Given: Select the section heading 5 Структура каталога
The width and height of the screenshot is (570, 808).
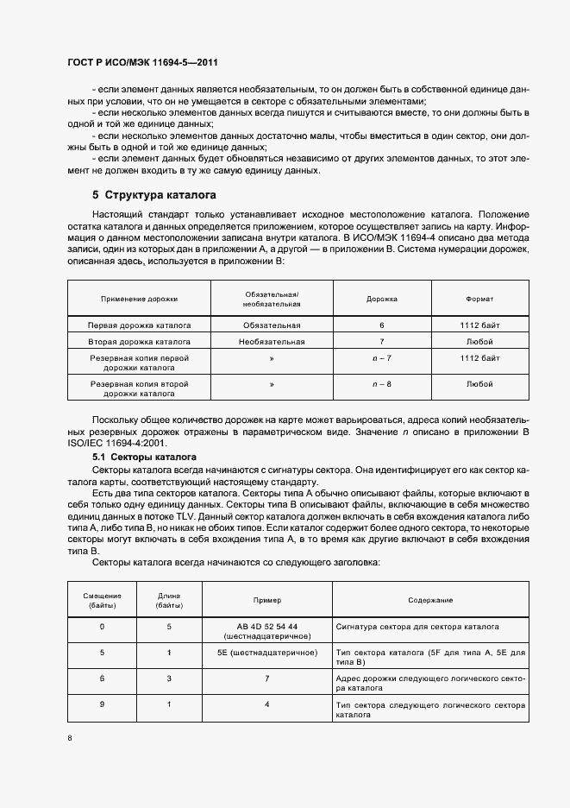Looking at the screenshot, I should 153,195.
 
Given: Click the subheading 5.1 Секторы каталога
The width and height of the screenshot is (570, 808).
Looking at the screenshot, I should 145,456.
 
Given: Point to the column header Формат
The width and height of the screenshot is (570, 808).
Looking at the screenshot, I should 479,299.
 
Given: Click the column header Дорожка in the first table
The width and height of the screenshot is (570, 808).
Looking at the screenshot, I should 381,299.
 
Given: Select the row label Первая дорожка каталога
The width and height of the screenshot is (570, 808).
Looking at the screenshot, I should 139,325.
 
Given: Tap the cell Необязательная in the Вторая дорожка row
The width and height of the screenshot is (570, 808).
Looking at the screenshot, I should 272,342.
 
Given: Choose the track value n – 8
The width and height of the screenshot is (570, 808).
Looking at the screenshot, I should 381,383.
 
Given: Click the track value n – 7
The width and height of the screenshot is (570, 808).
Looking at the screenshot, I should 381,357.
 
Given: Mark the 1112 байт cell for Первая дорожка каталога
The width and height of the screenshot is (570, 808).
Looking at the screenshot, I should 479,325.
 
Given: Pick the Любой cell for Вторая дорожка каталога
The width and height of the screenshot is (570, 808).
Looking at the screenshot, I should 479,342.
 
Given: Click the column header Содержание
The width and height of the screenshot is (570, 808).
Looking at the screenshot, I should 430,600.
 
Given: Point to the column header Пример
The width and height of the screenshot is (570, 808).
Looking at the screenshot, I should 266,600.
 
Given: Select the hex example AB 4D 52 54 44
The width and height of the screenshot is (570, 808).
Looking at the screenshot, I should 266,625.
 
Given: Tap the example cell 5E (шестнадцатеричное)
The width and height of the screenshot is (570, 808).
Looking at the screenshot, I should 266,653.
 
